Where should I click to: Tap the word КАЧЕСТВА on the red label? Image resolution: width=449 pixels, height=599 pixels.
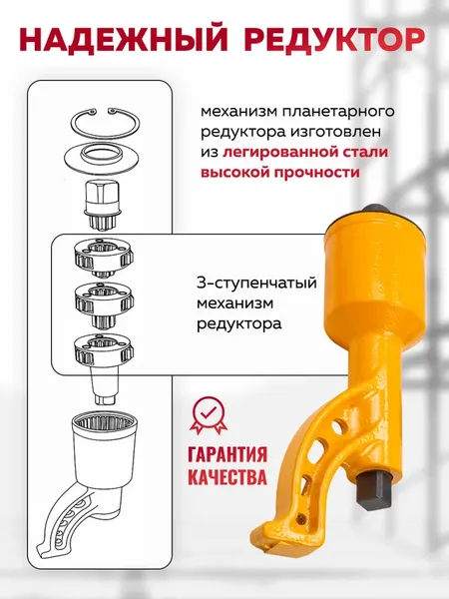click(x=226, y=477)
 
